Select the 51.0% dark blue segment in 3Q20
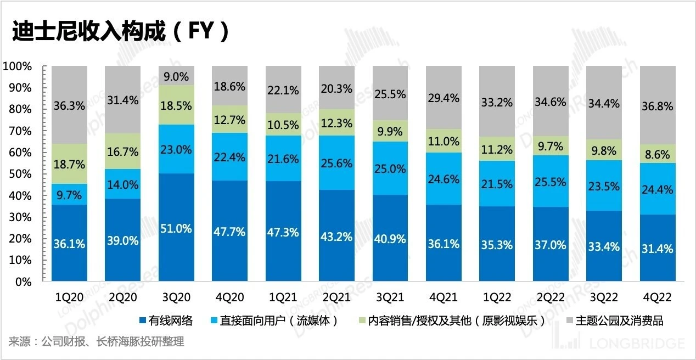[x=176, y=228]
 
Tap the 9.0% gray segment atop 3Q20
[x=176, y=76]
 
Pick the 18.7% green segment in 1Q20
[x=69, y=164]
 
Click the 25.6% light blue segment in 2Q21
[x=336, y=162]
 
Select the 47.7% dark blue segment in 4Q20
[x=230, y=231]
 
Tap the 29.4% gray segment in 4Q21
[x=443, y=98]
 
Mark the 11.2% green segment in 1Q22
[x=497, y=149]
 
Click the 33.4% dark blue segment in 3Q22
[x=604, y=246]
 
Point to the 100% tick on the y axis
[x=18, y=66]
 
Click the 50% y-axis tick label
[x=20, y=174]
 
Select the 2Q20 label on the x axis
[x=123, y=297]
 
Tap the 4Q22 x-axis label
[x=657, y=297]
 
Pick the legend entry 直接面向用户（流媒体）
[x=274, y=320]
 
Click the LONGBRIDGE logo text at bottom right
[x=637, y=344]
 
